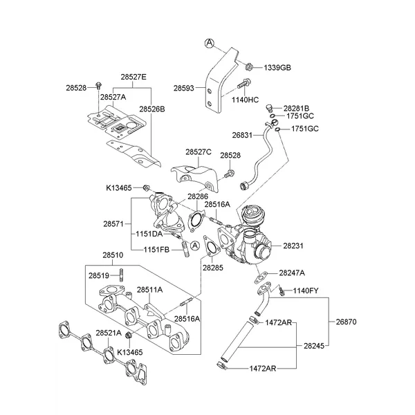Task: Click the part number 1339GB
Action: tap(277, 67)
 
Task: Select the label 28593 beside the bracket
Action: tap(184, 89)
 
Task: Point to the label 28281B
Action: tap(297, 109)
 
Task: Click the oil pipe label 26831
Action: tap(243, 135)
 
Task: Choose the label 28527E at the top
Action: tap(134, 77)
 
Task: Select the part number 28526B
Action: tap(152, 109)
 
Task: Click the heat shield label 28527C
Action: tap(199, 151)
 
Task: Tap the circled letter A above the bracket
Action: tap(209, 44)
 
